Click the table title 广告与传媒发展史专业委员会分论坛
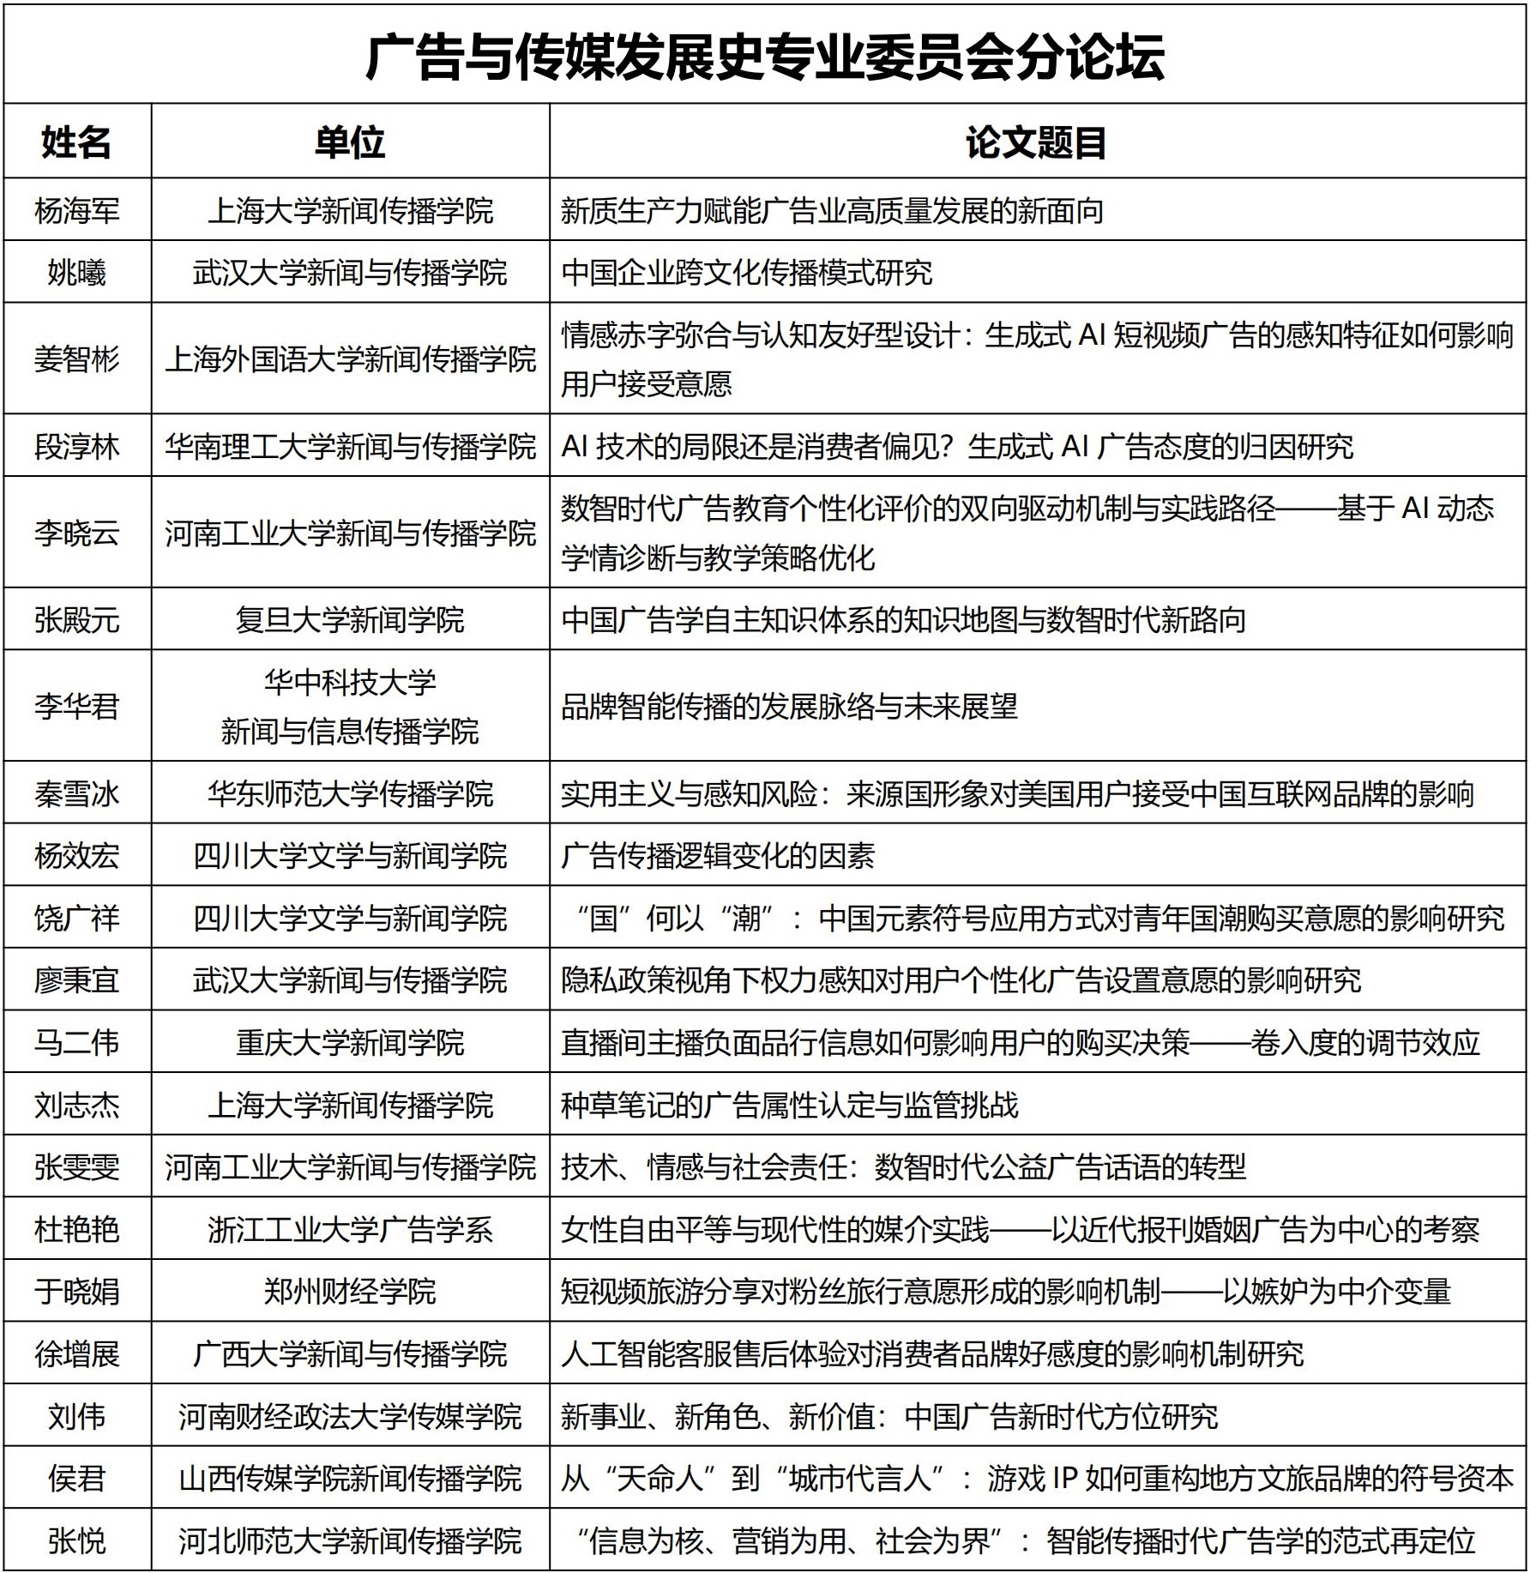click(x=764, y=57)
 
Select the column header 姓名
click(x=76, y=142)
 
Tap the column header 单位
click(x=350, y=142)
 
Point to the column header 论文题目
click(x=1036, y=142)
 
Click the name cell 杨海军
click(x=76, y=211)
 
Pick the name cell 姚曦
click(x=76, y=273)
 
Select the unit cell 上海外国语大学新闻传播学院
click(x=350, y=359)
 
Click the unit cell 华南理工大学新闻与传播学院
click(x=350, y=447)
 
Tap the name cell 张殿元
click(x=76, y=620)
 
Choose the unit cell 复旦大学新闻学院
click(x=350, y=620)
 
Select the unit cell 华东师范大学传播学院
click(x=350, y=794)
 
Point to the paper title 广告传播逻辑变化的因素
click(x=718, y=856)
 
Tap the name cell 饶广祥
click(x=76, y=919)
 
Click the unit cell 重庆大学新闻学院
click(x=350, y=1043)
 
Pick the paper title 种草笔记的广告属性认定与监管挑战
click(x=789, y=1106)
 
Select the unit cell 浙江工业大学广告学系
click(x=350, y=1230)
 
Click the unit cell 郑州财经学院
click(x=350, y=1292)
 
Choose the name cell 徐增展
click(x=76, y=1354)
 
